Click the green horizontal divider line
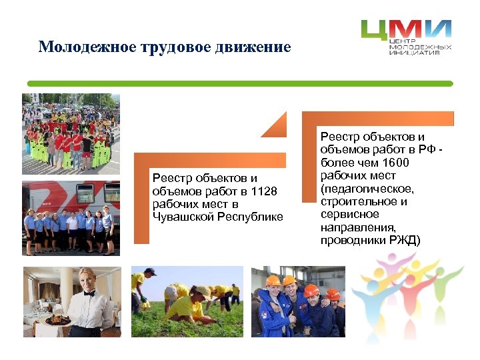tap(240, 83)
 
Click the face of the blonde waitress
tap(87, 278)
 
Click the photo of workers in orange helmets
tap(298, 301)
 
